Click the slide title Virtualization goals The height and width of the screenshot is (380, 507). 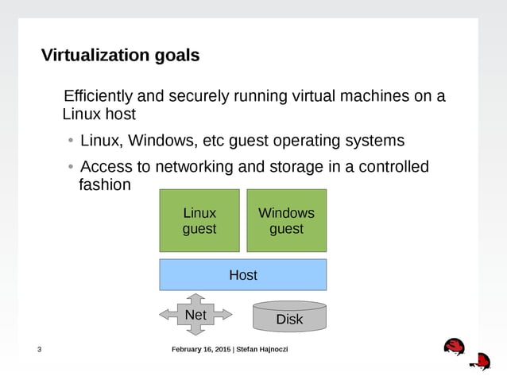(x=120, y=56)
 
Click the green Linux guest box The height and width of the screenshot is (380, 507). (x=199, y=221)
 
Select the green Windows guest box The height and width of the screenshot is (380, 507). (x=286, y=221)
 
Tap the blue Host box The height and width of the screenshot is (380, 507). (x=242, y=275)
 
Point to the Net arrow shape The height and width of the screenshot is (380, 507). (x=195, y=315)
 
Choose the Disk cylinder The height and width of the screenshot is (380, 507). (x=289, y=317)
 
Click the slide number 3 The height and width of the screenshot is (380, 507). (x=40, y=351)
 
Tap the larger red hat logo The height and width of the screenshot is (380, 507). (x=454, y=347)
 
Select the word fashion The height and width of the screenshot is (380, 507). (x=103, y=185)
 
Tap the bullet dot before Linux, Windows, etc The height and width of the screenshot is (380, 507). (x=70, y=142)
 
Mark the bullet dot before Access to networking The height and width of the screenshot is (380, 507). (x=70, y=167)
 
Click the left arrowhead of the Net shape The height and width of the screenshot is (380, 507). (x=164, y=315)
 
